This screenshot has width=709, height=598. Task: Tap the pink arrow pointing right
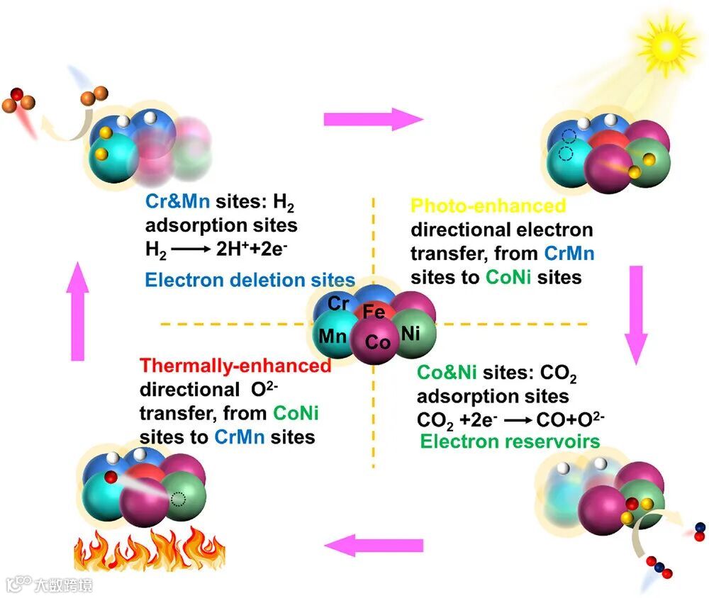[x=372, y=119]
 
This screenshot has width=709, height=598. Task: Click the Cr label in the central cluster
[x=338, y=304]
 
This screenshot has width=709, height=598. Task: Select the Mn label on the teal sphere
[x=333, y=335]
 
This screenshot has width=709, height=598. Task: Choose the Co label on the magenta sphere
[x=378, y=343]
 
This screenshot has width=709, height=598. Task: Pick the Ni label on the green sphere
[x=411, y=333]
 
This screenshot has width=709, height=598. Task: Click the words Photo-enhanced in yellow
[x=489, y=206]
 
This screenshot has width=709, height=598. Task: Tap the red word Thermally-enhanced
[x=235, y=366]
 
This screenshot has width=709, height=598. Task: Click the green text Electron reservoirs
[x=510, y=441]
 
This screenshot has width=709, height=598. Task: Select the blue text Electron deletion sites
[x=250, y=280]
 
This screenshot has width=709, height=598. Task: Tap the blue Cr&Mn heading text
[x=177, y=201]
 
